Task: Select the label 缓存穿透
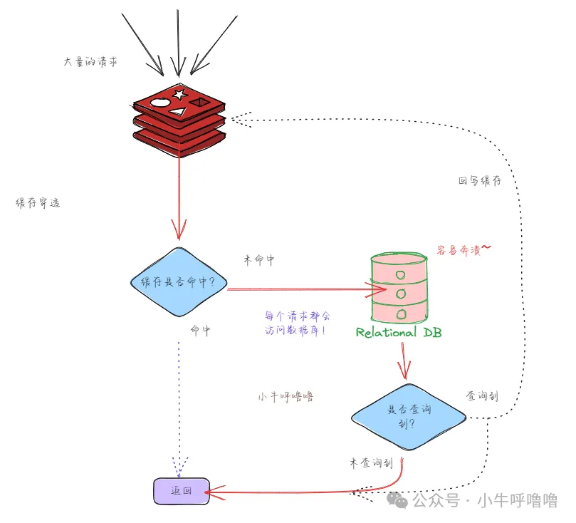tap(38, 203)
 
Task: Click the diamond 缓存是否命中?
tap(179, 283)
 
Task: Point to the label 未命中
tap(258, 261)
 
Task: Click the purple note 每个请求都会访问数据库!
tap(297, 323)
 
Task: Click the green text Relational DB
tap(398, 333)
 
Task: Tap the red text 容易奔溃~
tap(464, 250)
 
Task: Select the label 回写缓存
tap(479, 181)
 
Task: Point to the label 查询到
tap(481, 395)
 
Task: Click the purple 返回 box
tap(182, 491)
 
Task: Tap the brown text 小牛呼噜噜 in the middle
tap(286, 397)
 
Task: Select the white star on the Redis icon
tap(179, 93)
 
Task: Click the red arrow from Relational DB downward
tap(404, 360)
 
